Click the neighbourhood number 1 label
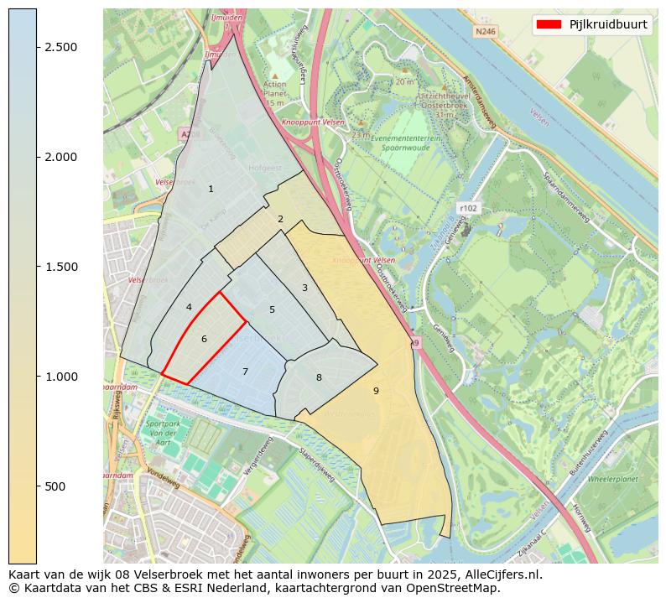pyautogui.click(x=211, y=189)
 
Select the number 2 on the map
pyautogui.click(x=280, y=220)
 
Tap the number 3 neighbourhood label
pyautogui.click(x=304, y=289)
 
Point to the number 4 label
pyautogui.click(x=189, y=307)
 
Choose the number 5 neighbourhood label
pyautogui.click(x=272, y=310)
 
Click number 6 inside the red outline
pyautogui.click(x=204, y=340)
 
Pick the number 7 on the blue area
pyautogui.click(x=245, y=372)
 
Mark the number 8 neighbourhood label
pyautogui.click(x=319, y=377)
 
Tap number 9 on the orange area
pyautogui.click(x=376, y=391)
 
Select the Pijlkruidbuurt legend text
pyautogui.click(x=607, y=24)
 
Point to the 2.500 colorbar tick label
pyautogui.click(x=62, y=47)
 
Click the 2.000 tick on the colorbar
pyautogui.click(x=62, y=157)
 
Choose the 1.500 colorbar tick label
pyautogui.click(x=62, y=267)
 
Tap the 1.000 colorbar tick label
pyautogui.click(x=62, y=377)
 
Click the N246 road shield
pyautogui.click(x=485, y=31)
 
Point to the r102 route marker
pyautogui.click(x=467, y=208)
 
